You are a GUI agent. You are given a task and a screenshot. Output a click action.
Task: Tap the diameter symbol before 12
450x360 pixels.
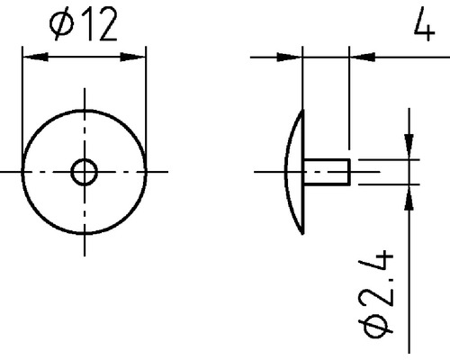(63, 27)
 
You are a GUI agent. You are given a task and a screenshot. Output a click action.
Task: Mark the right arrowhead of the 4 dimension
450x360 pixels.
(358, 57)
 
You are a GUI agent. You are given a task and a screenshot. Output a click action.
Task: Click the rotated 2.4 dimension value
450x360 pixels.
(381, 279)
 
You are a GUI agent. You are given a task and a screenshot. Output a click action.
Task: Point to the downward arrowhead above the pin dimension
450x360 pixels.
(409, 150)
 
